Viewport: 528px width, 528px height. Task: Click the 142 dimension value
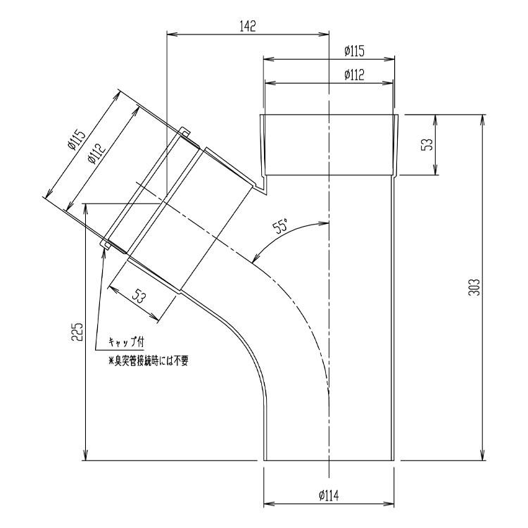tap(248, 26)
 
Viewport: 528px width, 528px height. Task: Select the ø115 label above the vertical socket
tap(354, 51)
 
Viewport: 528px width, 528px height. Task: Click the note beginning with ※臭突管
tap(147, 361)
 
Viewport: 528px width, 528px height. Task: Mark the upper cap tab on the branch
tap(184, 131)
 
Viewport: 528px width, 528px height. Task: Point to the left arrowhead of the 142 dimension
tap(170, 32)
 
